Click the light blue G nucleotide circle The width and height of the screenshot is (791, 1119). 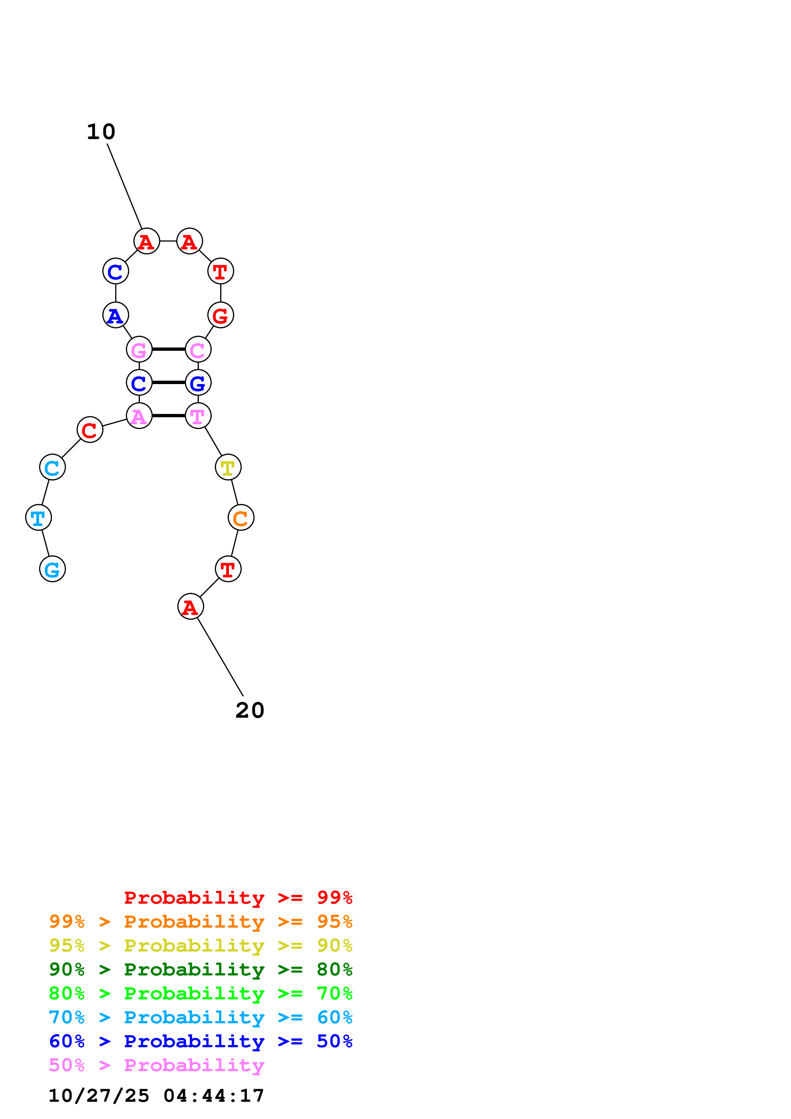click(x=52, y=569)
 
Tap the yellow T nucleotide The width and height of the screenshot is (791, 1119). click(x=228, y=467)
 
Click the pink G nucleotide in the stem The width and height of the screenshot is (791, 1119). click(x=139, y=349)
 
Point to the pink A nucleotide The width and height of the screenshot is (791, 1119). click(x=139, y=416)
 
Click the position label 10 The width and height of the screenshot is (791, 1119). click(x=101, y=132)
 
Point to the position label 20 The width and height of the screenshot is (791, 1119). click(x=250, y=710)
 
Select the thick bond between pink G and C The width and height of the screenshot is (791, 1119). click(x=168, y=349)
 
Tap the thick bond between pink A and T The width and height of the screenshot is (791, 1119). click(x=168, y=416)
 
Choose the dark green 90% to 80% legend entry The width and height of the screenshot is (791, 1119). click(x=200, y=969)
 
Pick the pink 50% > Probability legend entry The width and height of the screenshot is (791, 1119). click(x=156, y=1065)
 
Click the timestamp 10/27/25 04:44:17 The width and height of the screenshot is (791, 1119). click(x=156, y=1096)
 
